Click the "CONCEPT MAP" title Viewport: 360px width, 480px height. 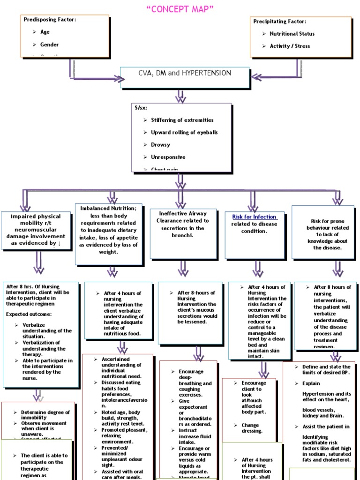tap(180, 9)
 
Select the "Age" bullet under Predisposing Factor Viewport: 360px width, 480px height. tap(45, 32)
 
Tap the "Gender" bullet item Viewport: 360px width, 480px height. tap(49, 45)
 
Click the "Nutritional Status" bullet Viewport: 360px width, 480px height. tap(292, 34)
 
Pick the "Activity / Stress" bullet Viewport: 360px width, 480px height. tap(289, 46)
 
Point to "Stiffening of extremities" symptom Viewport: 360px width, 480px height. tap(182, 120)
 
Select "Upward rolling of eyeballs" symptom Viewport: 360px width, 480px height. tap(184, 132)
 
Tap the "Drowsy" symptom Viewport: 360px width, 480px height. tap(160, 145)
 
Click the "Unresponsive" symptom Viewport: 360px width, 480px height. tap(168, 157)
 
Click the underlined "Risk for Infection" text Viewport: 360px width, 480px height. tap(254, 217)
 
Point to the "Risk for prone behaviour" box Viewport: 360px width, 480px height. tap(323, 232)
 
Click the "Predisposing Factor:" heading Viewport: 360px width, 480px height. tap(50, 19)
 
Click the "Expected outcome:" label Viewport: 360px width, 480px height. tap(29, 314)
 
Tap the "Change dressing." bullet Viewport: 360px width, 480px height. tap(252, 428)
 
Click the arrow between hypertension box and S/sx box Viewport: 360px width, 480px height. tap(180, 96)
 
